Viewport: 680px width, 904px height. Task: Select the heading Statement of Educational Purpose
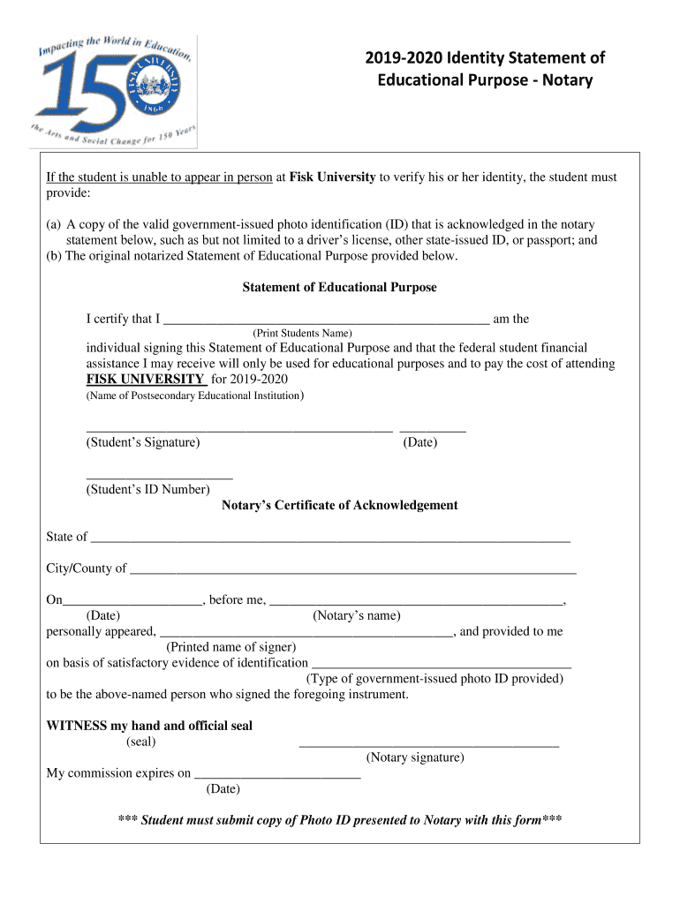click(x=339, y=288)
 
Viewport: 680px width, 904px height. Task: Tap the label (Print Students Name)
click(x=302, y=334)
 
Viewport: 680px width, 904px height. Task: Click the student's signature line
click(x=238, y=430)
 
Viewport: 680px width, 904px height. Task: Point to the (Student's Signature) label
click(x=142, y=442)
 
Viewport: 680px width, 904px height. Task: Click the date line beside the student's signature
click(x=433, y=430)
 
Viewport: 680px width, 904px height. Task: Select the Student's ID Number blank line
click(x=159, y=477)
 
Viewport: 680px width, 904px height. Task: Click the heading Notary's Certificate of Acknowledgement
click(x=339, y=506)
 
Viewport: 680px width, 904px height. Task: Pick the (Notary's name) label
click(x=356, y=616)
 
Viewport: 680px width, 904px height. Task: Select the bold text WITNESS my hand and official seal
click(x=149, y=727)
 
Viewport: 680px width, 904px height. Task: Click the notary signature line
click(x=429, y=746)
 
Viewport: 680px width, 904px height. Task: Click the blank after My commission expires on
click(x=277, y=776)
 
